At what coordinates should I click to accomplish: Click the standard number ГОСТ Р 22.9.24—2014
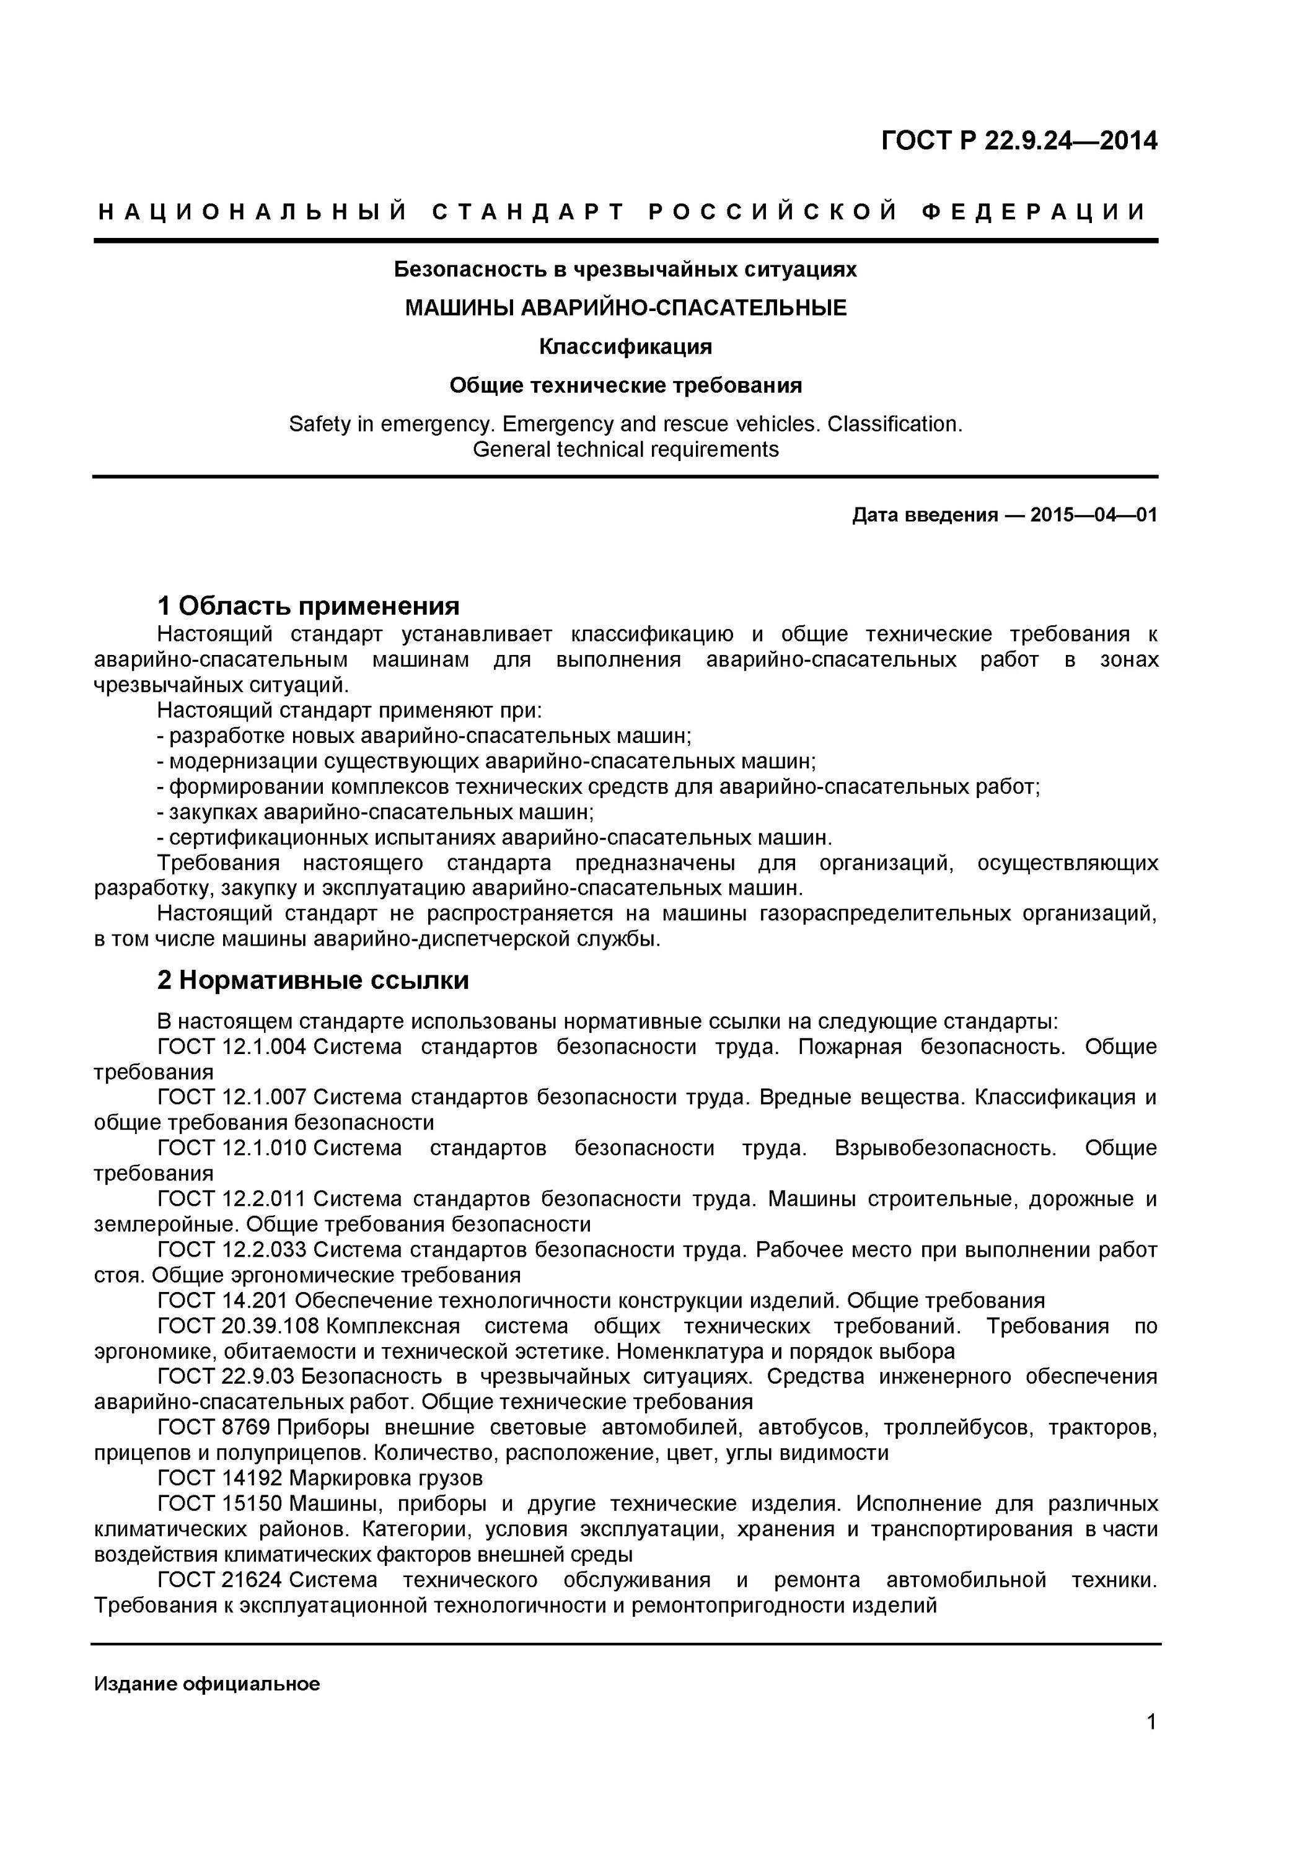click(1019, 141)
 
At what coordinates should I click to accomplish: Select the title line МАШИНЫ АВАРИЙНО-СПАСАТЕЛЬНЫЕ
click(625, 308)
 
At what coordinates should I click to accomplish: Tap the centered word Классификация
click(625, 346)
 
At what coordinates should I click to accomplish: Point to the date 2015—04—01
click(1093, 515)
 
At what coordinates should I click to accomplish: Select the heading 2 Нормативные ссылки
click(312, 980)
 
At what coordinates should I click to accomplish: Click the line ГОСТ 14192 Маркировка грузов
click(320, 1479)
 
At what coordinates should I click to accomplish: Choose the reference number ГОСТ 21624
click(219, 1580)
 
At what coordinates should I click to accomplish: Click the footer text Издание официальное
click(206, 1684)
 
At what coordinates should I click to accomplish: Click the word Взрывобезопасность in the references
click(945, 1148)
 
